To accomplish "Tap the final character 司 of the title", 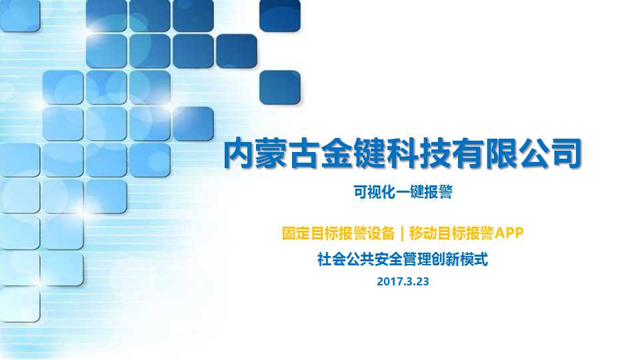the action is (x=566, y=153).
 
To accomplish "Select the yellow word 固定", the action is (x=296, y=233).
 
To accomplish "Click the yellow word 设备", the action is (x=381, y=233).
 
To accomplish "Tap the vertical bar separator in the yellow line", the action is (x=402, y=233).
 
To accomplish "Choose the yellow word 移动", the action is (x=423, y=233).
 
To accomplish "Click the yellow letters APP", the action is (x=509, y=233).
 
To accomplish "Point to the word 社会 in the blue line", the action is (x=331, y=259).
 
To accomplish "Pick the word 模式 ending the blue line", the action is (x=474, y=259).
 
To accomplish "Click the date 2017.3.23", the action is (x=403, y=281).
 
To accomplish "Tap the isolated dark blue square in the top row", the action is (x=280, y=15).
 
